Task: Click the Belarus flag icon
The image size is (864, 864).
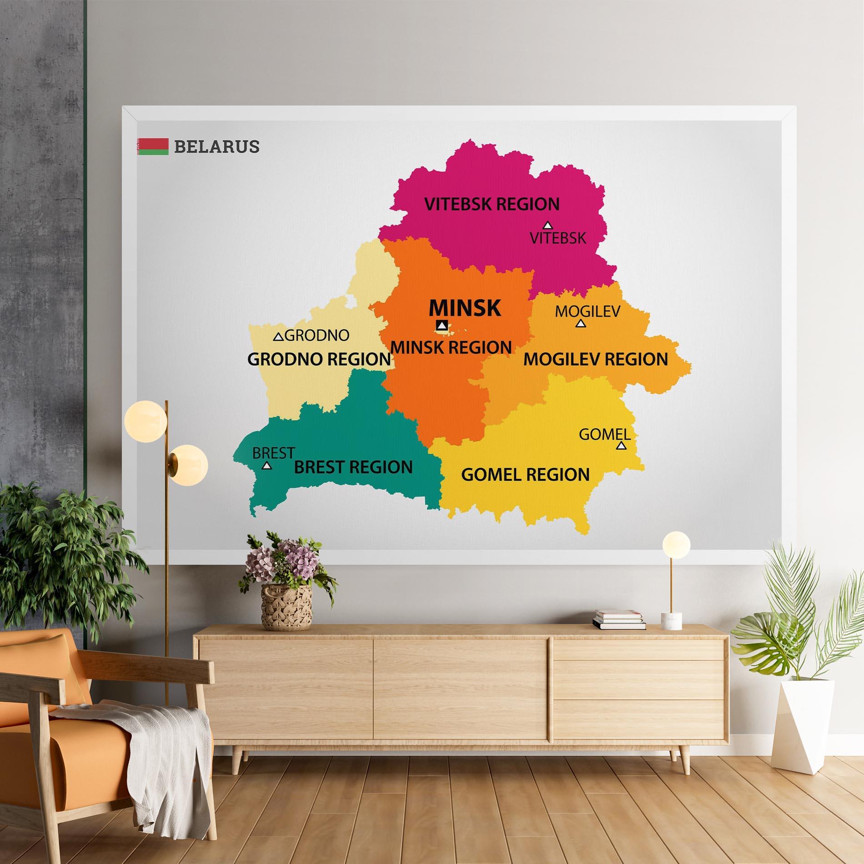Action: coord(153,146)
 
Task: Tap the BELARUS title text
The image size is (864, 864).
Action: coord(216,146)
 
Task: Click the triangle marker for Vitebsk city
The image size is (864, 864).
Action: coord(548,225)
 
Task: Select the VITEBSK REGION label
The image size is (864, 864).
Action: coord(492,204)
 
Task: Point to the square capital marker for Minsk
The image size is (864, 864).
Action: coord(442,325)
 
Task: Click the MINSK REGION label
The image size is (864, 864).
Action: coord(451,348)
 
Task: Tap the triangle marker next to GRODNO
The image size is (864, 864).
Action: coord(278,337)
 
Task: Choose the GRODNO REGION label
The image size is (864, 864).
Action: coord(319,360)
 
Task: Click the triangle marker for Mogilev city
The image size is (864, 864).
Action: coord(580,323)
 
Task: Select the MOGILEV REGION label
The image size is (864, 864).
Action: coord(596,360)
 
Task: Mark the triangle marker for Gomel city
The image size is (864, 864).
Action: coord(621,446)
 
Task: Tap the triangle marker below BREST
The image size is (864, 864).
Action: coord(267,465)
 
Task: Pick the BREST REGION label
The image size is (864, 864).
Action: coord(353,467)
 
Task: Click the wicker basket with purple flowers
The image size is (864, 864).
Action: coord(286,600)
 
